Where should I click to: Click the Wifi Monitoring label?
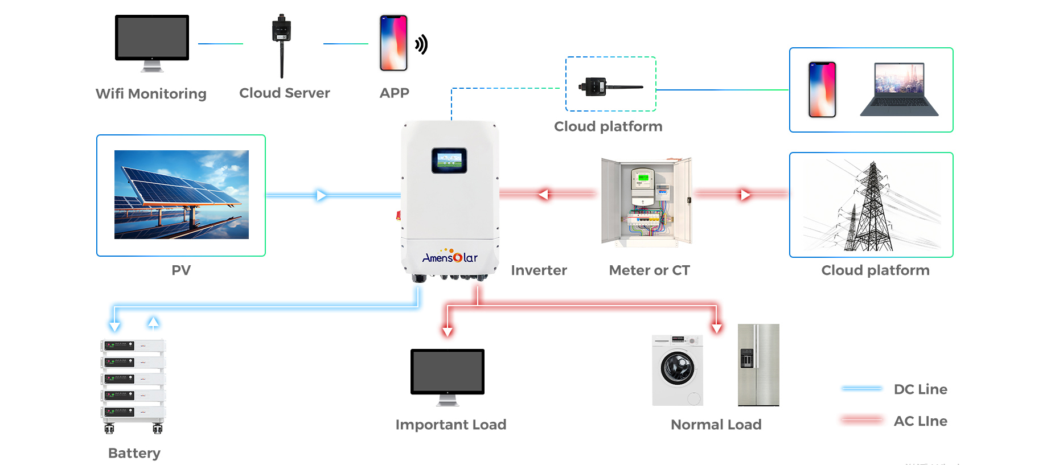[x=151, y=93]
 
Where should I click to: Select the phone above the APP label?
[x=393, y=43]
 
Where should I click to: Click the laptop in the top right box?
[x=899, y=90]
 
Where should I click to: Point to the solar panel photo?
[x=182, y=195]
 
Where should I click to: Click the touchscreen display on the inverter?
[x=449, y=161]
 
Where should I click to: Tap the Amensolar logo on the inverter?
[x=450, y=257]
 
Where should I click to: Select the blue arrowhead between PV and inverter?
[x=321, y=195]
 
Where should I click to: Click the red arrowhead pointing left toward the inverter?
[x=544, y=195]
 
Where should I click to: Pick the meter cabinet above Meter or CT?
[x=647, y=202]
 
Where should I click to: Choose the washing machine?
[x=678, y=370]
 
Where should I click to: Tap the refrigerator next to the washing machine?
[x=758, y=365]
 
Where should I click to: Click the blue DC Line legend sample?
[x=862, y=389]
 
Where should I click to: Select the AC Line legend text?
[x=920, y=421]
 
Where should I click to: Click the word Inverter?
[x=539, y=270]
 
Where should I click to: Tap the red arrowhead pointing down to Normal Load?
[x=717, y=328]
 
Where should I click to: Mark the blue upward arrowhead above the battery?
[x=153, y=322]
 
